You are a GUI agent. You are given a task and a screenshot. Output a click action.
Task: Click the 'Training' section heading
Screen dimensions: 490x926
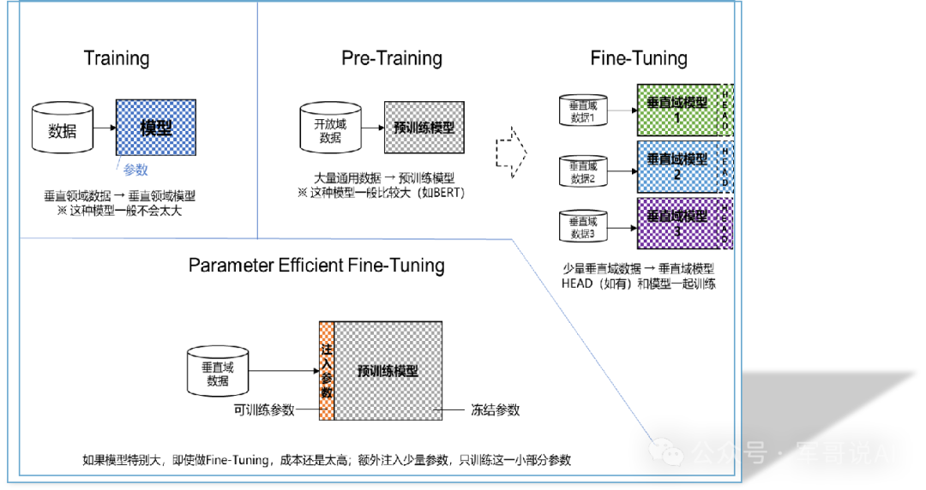tap(117, 58)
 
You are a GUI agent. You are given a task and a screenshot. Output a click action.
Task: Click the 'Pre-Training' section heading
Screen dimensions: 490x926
tap(392, 58)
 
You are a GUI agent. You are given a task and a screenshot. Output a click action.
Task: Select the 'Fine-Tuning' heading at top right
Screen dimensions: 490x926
tap(639, 58)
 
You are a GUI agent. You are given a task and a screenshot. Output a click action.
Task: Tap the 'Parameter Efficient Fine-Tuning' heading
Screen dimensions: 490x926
tap(316, 265)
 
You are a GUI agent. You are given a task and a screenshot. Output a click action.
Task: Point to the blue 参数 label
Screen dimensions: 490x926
tap(135, 170)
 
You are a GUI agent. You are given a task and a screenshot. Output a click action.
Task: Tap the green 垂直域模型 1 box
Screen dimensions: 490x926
tap(676, 108)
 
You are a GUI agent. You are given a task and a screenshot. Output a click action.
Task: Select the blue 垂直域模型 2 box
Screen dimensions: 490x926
tap(676, 165)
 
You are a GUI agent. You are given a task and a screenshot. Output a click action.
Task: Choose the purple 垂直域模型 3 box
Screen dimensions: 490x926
tap(676, 223)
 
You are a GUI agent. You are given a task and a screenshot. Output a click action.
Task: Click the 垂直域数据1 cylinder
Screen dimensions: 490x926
tap(583, 111)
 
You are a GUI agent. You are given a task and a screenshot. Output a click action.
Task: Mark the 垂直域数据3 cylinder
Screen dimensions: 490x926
tap(583, 226)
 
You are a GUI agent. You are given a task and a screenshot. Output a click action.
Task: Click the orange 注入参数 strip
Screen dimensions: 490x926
tap(326, 371)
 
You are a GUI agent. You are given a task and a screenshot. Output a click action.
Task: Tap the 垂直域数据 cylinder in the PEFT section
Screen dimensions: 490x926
tap(218, 373)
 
